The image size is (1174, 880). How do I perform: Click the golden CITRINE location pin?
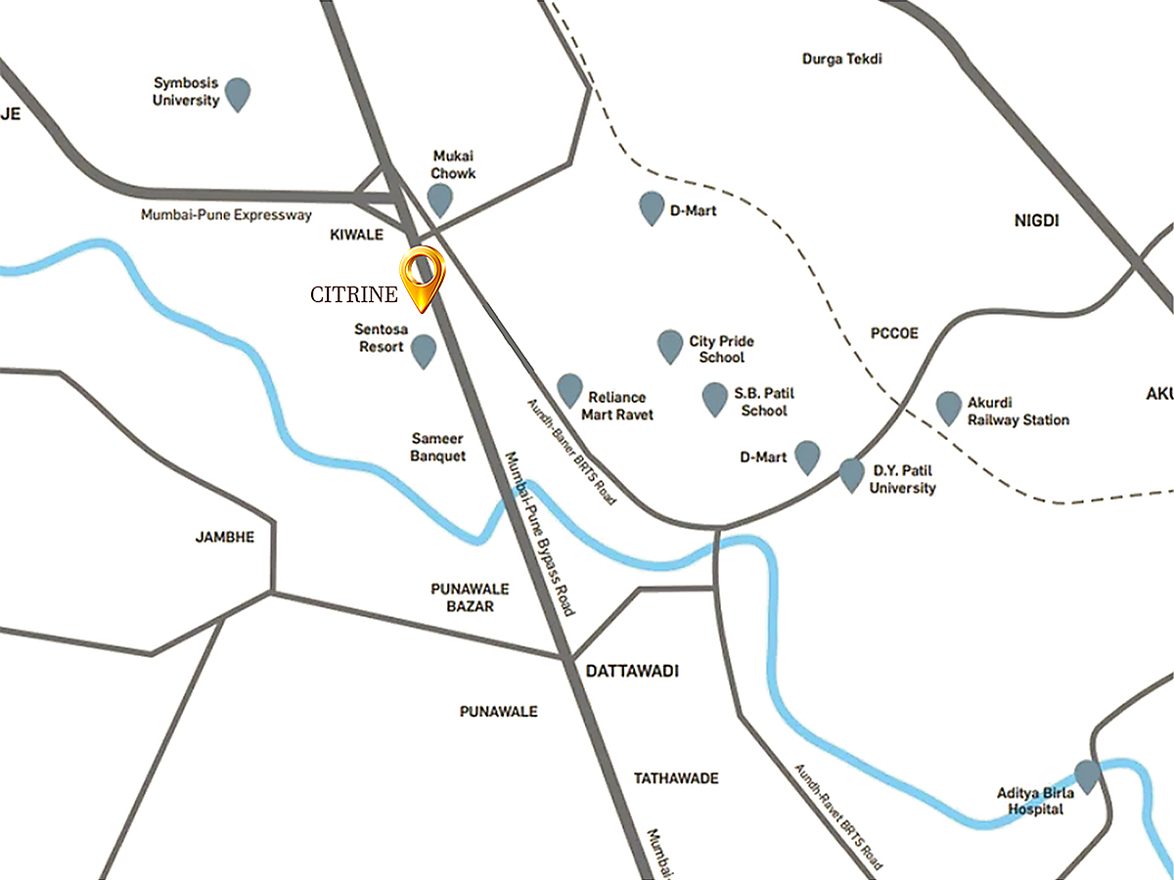(423, 277)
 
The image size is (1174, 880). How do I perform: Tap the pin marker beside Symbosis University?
(238, 94)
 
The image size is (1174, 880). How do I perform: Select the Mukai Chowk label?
(453, 164)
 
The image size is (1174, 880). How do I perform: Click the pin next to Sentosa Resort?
(424, 350)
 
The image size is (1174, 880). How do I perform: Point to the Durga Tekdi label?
(842, 59)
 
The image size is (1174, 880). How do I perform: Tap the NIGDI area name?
(1037, 221)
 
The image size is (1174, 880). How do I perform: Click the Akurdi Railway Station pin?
(948, 407)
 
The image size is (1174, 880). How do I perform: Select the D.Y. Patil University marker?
(852, 474)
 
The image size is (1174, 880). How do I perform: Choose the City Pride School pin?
(670, 345)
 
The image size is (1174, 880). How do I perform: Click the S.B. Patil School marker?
(715, 398)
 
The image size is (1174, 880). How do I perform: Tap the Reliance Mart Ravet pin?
(569, 389)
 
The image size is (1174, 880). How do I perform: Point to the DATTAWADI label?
(631, 672)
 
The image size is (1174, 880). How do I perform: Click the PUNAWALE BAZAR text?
(463, 597)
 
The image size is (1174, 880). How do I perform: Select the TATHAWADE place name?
(676, 778)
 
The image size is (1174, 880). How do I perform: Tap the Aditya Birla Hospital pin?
(1087, 775)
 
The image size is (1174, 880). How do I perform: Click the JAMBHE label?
(225, 537)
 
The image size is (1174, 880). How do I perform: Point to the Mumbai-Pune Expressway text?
(226, 215)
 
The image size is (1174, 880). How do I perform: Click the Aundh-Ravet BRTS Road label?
(838, 816)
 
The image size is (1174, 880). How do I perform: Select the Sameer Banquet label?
(437, 448)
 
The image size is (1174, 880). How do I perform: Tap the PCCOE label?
(894, 333)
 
